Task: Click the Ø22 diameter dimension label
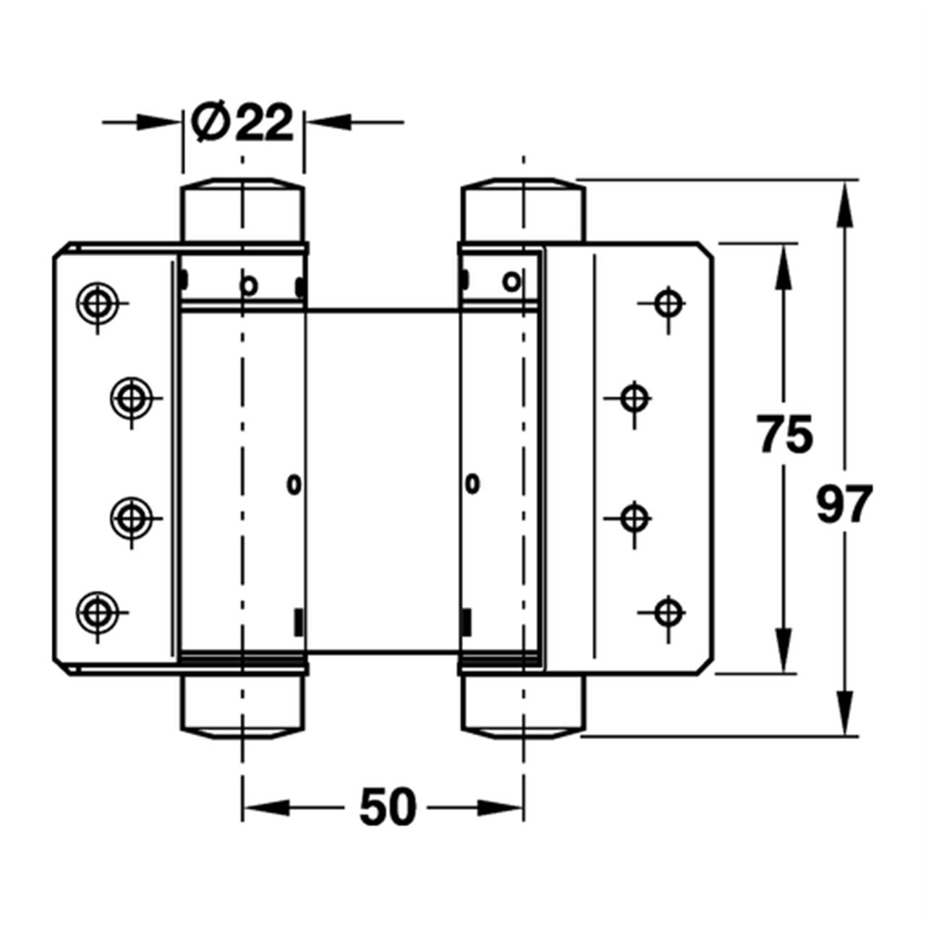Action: (x=242, y=122)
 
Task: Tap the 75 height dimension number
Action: (x=786, y=434)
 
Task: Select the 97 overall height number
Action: (x=844, y=504)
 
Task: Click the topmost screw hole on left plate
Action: (x=98, y=303)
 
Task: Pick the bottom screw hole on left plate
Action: (x=98, y=612)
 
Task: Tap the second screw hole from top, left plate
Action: (x=131, y=398)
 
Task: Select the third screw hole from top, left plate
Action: (x=131, y=518)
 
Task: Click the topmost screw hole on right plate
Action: (x=668, y=303)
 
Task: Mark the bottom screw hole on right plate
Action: (x=668, y=612)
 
